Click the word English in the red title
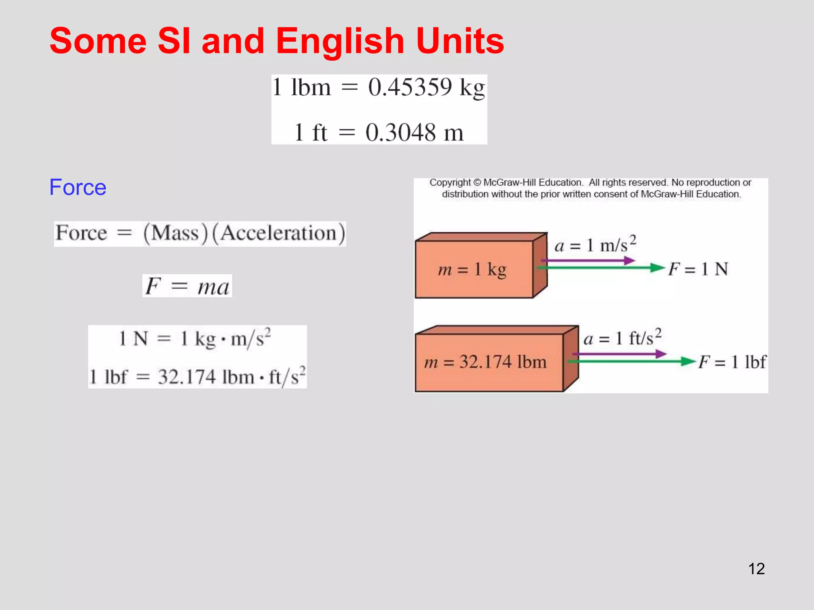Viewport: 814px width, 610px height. click(x=340, y=41)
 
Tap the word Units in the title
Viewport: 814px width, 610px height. click(x=460, y=41)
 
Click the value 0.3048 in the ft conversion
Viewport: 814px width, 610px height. click(x=401, y=133)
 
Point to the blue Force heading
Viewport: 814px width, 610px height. click(x=78, y=187)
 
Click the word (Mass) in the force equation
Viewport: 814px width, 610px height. click(x=176, y=233)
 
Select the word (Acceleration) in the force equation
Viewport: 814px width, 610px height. click(x=279, y=233)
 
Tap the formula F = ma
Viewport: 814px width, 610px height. click(x=187, y=286)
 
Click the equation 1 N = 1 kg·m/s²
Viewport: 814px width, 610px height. click(x=195, y=339)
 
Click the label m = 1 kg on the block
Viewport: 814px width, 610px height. click(x=472, y=270)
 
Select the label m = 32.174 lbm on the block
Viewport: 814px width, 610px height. click(x=485, y=362)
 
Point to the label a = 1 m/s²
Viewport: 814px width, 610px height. click(x=595, y=245)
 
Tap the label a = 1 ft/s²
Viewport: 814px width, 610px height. click(x=622, y=338)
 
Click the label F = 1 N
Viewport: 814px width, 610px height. click(x=698, y=269)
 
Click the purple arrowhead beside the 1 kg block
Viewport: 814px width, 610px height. click(x=629, y=261)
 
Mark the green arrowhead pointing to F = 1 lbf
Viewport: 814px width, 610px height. click(x=688, y=361)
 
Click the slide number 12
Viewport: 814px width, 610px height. click(x=756, y=569)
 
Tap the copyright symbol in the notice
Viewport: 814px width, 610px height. click(x=477, y=183)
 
